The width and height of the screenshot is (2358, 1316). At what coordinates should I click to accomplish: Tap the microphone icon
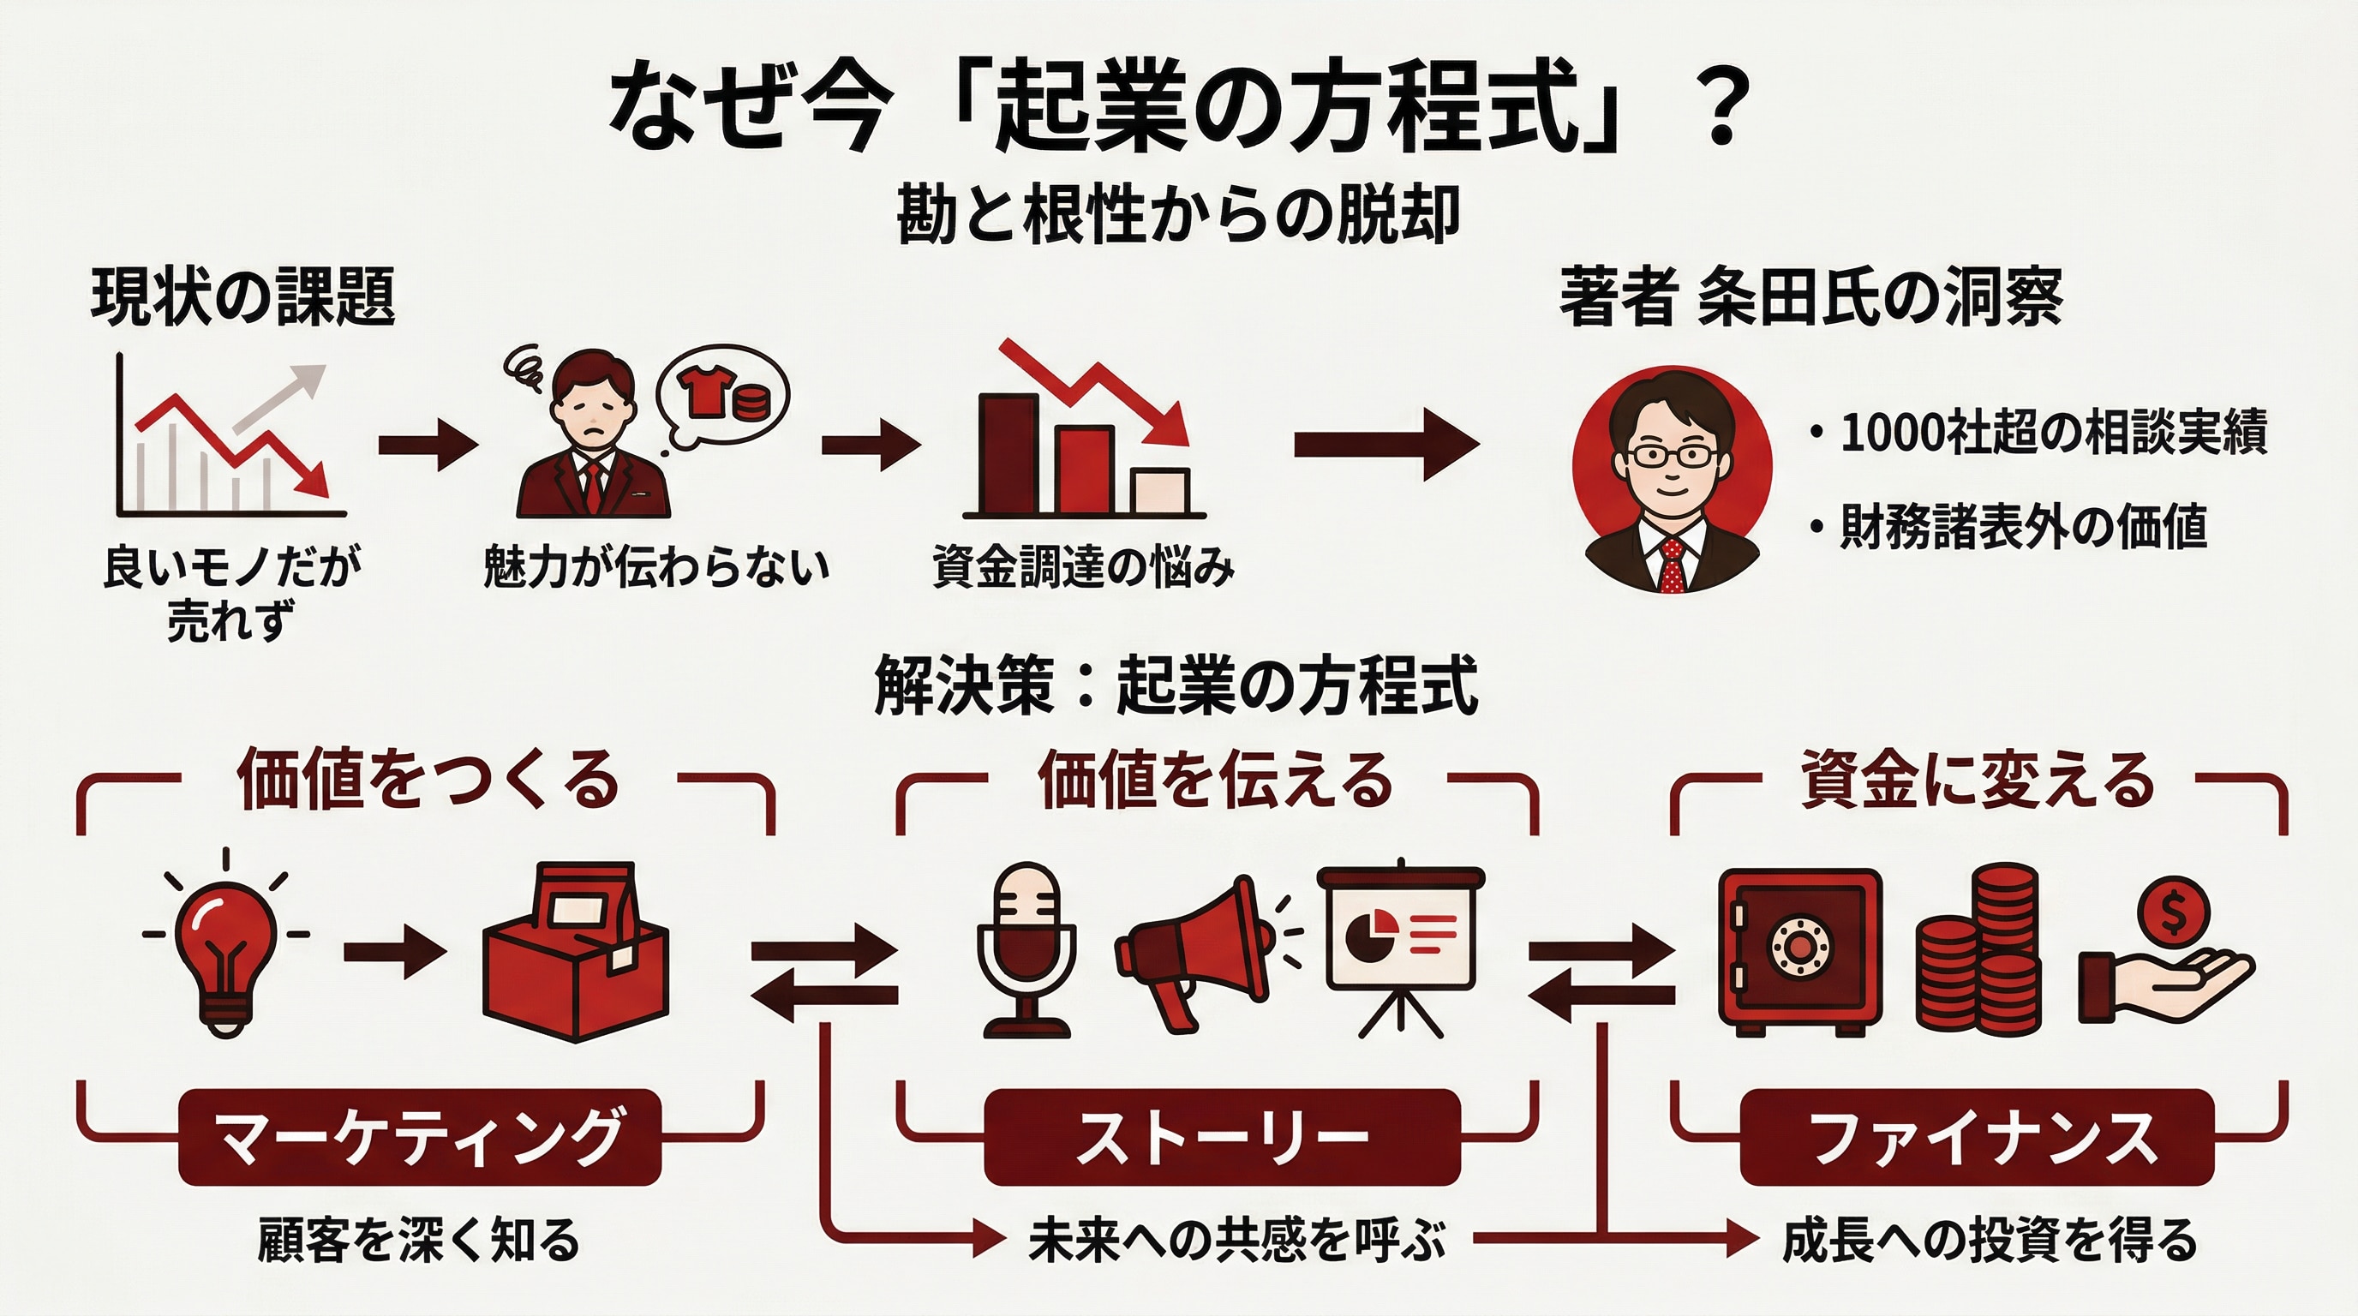pyautogui.click(x=1026, y=950)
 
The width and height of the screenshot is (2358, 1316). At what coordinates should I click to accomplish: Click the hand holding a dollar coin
pyautogui.click(x=2166, y=966)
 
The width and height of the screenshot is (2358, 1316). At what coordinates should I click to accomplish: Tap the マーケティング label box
pyautogui.click(x=419, y=1138)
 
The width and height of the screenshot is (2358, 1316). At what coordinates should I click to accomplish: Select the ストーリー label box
pyautogui.click(x=1221, y=1138)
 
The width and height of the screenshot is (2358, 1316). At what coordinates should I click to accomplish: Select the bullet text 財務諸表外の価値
pyautogui.click(x=2023, y=526)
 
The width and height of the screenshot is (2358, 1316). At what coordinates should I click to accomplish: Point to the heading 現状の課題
pyautogui.click(x=242, y=296)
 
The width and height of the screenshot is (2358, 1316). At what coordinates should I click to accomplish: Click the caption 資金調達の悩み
pyautogui.click(x=1083, y=567)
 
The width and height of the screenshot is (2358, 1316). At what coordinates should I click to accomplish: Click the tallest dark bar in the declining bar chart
pyautogui.click(x=1008, y=453)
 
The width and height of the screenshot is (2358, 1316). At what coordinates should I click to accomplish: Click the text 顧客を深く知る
pyautogui.click(x=419, y=1240)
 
